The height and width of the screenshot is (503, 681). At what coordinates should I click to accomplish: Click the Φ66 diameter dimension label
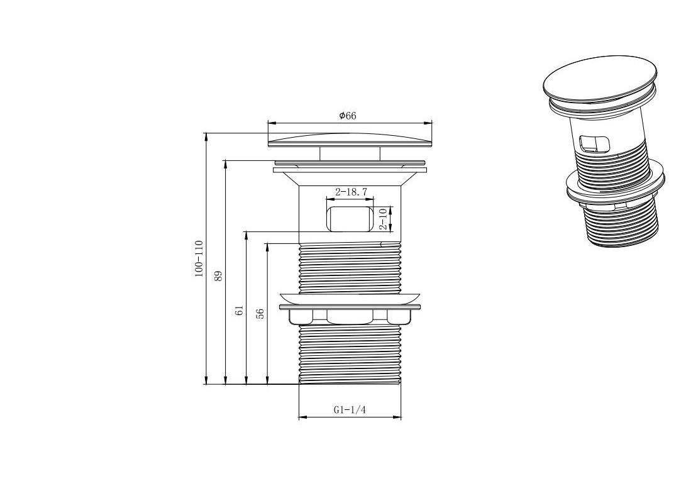(348, 116)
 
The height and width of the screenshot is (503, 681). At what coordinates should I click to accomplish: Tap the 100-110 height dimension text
(199, 258)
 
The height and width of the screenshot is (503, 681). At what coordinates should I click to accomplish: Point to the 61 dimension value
(239, 310)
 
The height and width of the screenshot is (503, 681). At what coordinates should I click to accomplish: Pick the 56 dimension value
(260, 314)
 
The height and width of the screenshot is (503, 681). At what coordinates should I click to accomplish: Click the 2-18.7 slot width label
(351, 192)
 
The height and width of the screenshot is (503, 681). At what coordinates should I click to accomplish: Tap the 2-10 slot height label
(383, 219)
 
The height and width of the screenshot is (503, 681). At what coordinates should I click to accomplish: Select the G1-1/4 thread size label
(350, 409)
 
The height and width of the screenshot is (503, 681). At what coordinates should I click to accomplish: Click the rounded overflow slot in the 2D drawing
(350, 219)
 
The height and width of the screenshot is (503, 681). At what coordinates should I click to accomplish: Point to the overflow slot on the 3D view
(594, 145)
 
